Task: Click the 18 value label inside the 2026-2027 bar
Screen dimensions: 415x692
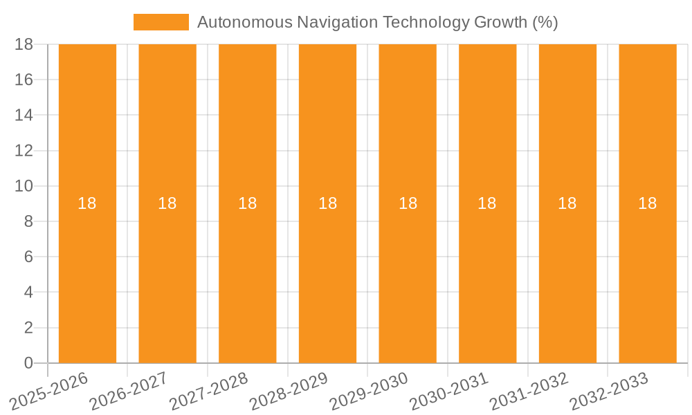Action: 167,203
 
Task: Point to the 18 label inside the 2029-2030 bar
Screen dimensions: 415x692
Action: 408,203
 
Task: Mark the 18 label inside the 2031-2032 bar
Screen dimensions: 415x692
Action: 567,203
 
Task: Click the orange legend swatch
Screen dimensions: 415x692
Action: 161,22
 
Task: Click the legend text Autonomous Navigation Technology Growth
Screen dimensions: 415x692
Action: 377,22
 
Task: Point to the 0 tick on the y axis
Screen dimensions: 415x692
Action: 28,363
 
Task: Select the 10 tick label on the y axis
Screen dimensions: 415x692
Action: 24,186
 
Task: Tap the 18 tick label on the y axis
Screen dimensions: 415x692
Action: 24,44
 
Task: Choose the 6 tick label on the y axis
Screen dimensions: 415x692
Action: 28,257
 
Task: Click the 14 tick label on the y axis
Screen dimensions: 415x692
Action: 24,115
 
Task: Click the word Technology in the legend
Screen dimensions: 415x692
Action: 426,22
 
